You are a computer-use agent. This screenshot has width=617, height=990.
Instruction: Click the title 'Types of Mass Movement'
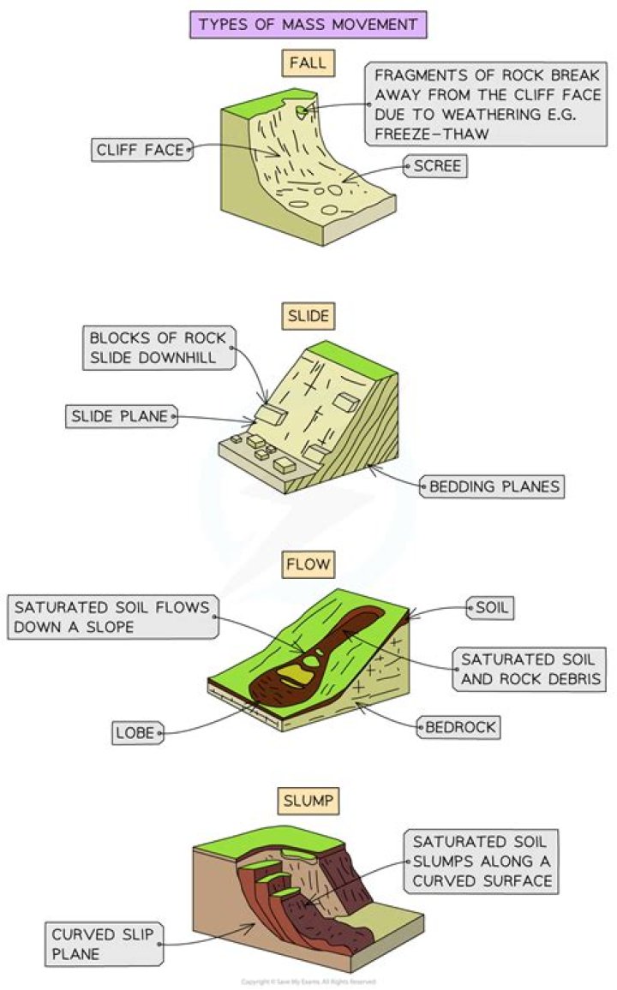[x=308, y=24]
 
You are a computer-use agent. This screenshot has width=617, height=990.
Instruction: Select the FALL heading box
[x=308, y=63]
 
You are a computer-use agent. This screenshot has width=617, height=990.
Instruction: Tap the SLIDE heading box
[x=308, y=317]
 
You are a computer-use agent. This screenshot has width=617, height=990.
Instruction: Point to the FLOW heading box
[x=308, y=564]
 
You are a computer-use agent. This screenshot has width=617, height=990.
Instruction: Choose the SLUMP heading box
[x=308, y=802]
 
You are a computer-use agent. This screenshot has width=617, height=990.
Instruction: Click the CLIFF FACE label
[x=141, y=150]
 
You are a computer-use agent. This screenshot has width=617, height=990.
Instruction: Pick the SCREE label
[x=436, y=166]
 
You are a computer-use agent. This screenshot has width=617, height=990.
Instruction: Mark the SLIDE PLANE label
[x=122, y=417]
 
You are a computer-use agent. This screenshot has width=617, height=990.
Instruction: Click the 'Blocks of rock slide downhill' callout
[x=159, y=348]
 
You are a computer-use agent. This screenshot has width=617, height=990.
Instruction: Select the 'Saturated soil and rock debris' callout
[x=528, y=670]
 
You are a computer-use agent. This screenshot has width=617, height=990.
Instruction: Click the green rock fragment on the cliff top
[x=301, y=110]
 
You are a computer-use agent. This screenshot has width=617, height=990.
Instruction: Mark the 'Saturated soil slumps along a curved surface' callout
[x=479, y=861]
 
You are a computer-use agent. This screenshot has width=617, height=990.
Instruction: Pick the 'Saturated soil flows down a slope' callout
[x=111, y=617]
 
